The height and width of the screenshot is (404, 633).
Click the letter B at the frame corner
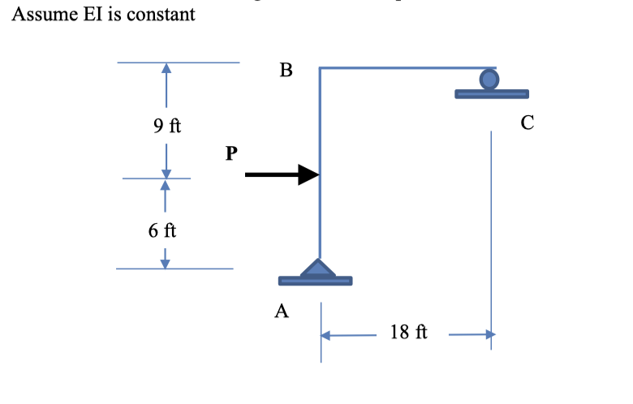(285, 71)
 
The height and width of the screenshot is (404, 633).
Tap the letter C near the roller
(527, 122)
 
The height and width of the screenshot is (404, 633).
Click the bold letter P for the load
(233, 153)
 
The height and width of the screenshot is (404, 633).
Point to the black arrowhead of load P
(308, 174)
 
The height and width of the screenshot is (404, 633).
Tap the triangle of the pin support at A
(317, 269)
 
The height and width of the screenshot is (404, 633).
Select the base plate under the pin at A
(315, 282)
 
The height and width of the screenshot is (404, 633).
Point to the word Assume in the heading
(40, 15)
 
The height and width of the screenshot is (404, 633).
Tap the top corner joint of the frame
(321, 69)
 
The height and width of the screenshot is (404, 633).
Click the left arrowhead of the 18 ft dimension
(327, 334)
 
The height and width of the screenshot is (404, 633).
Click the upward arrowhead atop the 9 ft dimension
(166, 69)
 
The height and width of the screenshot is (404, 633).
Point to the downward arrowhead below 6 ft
(166, 261)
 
